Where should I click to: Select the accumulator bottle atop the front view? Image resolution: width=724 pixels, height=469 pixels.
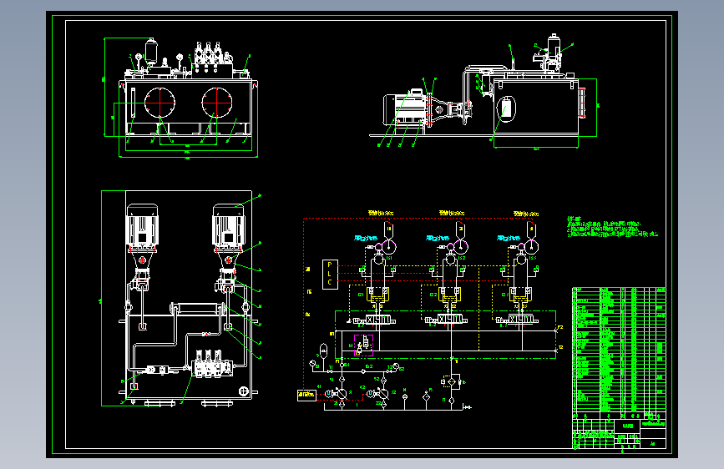click(151, 51)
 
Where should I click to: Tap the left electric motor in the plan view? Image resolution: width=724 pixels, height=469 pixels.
click(142, 226)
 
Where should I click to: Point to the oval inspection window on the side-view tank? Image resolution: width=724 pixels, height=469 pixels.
click(507, 108)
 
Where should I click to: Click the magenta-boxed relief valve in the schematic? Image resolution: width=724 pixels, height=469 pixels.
click(365, 343)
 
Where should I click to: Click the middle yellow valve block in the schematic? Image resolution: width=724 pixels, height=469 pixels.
click(449, 295)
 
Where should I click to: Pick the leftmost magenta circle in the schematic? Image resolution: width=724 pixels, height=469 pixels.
click(378, 247)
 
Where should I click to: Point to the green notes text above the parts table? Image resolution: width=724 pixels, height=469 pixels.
click(608, 228)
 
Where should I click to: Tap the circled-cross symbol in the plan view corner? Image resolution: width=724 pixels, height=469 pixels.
click(243, 391)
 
